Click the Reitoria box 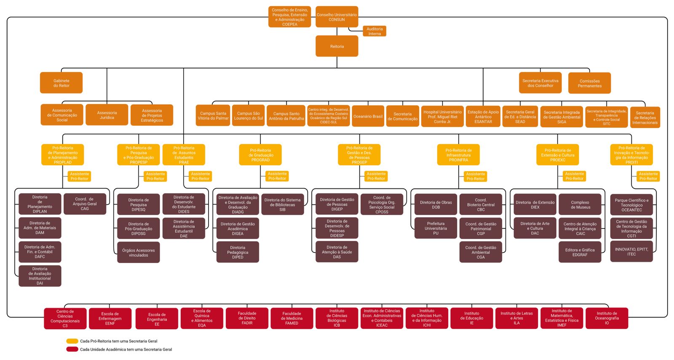coord(337,46)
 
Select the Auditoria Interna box coord(374,31)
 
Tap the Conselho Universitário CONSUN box coord(337,17)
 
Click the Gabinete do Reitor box coord(61,83)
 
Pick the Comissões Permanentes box coord(589,83)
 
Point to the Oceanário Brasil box coord(368,116)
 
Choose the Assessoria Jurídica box coord(107,115)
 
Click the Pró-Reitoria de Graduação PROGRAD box coord(260,155)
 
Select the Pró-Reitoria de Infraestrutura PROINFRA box coord(458,155)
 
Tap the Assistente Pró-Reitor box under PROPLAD coord(79,176)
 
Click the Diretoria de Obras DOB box coord(436,204)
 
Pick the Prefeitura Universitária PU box coord(436,228)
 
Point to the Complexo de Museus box coord(580,204)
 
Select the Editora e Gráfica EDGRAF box coord(580,252)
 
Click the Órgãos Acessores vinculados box coord(138,253)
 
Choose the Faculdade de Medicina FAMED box coord(292,318)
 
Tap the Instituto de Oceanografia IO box coord(607,318)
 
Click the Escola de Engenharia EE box coord(157,319)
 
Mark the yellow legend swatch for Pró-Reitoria coord(72,341)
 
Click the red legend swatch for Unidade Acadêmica coord(72,349)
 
